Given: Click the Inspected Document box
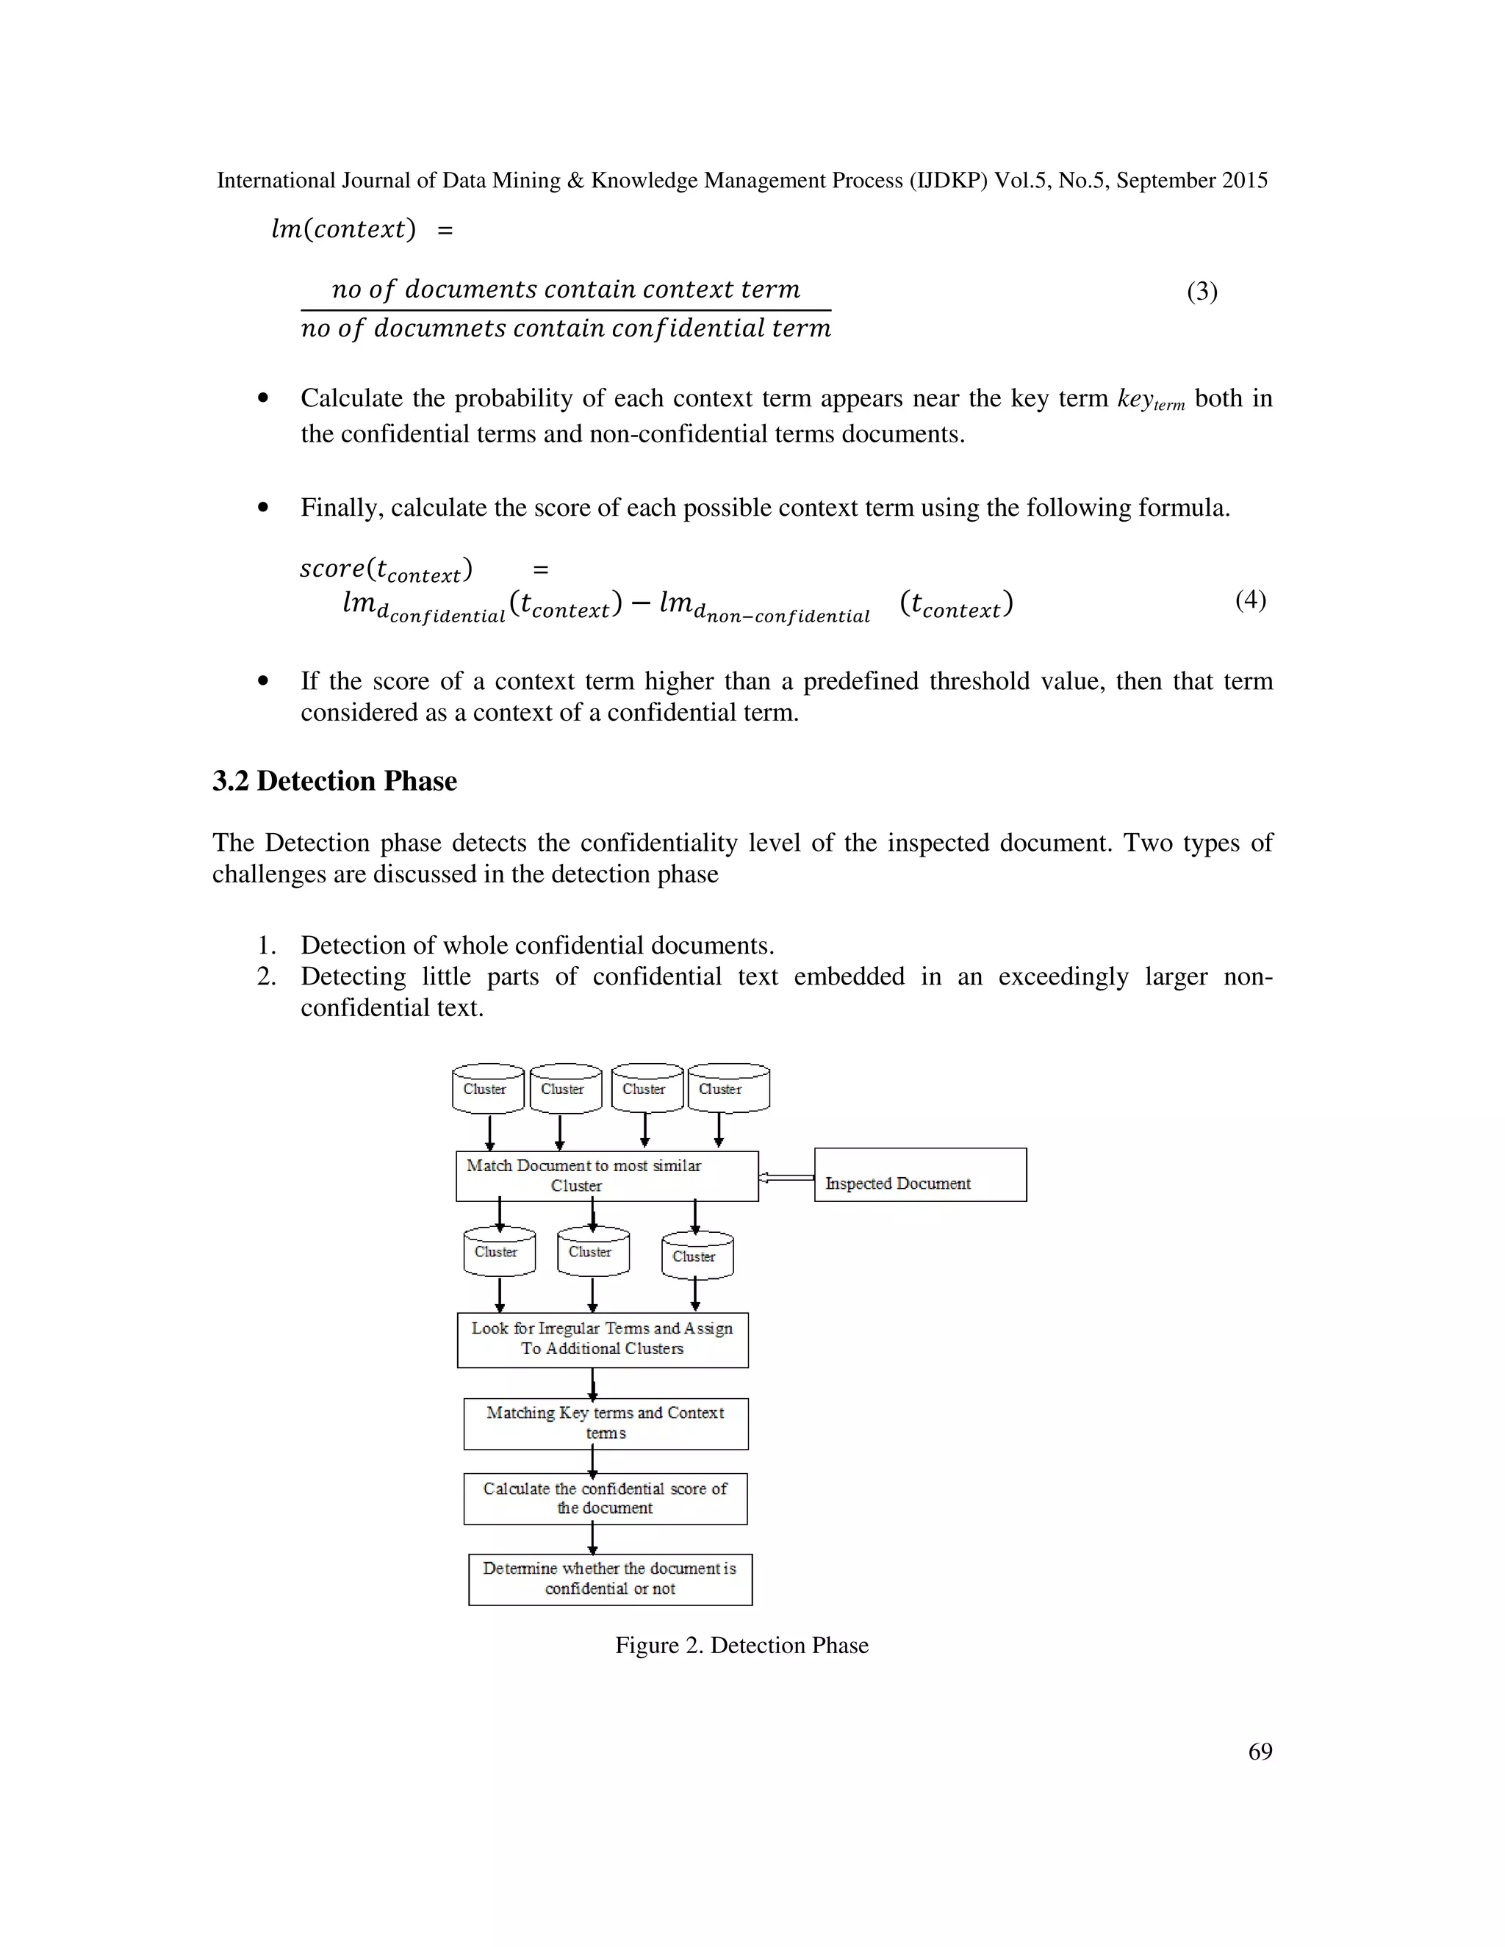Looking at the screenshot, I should pyautogui.click(x=920, y=1174).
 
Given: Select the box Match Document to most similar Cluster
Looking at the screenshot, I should pyautogui.click(x=606, y=1175).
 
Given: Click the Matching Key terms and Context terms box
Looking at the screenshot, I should pyautogui.click(x=606, y=1423).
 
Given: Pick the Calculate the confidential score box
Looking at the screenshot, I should pyautogui.click(x=606, y=1499).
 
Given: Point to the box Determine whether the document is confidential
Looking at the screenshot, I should pyautogui.click(x=610, y=1579).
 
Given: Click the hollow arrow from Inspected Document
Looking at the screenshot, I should pyautogui.click(x=786, y=1178).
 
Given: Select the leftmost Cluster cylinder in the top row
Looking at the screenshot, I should pyautogui.click(x=489, y=1089).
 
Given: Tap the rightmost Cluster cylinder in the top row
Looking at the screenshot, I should pyautogui.click(x=728, y=1089).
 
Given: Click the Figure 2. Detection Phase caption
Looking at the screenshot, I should pyautogui.click(x=741, y=1645).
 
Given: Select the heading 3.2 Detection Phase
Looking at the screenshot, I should pyautogui.click(x=334, y=781).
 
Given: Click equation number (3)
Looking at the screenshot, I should pyautogui.click(x=1202, y=292).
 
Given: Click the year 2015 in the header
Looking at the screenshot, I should pyautogui.click(x=1245, y=180).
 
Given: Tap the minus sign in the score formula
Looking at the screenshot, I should pyautogui.click(x=640, y=605).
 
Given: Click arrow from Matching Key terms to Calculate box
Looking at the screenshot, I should pyautogui.click(x=593, y=1461).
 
